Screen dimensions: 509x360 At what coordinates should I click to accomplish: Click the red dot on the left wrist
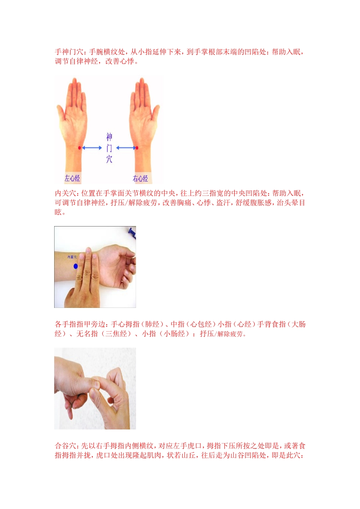(80, 148)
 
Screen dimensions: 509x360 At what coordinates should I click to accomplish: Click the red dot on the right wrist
(137, 148)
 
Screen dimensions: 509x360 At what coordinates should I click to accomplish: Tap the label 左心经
(72, 178)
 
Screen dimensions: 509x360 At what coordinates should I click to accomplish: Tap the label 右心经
(140, 178)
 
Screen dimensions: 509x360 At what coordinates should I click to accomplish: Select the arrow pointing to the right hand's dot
(125, 148)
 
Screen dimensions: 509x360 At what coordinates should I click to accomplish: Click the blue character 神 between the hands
(109, 137)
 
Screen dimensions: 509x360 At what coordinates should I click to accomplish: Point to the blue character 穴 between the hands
(109, 159)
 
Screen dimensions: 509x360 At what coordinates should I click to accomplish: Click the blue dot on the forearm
(76, 266)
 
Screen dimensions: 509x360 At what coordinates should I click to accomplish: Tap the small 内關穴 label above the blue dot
(72, 257)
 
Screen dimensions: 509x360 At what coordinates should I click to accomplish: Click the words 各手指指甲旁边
(81, 324)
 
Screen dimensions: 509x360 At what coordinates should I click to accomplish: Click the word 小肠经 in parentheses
(174, 334)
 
